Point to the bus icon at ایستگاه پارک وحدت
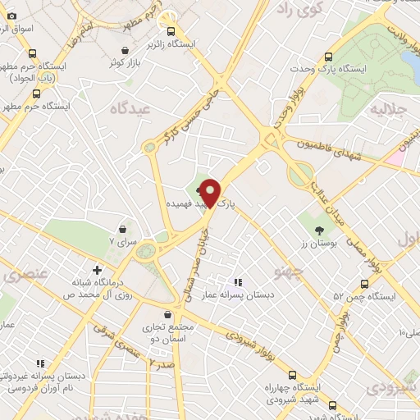[329, 57]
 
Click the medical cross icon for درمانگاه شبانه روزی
[97, 269]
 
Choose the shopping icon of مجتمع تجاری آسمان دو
[168, 314]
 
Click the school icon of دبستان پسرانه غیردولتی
[39, 363]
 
